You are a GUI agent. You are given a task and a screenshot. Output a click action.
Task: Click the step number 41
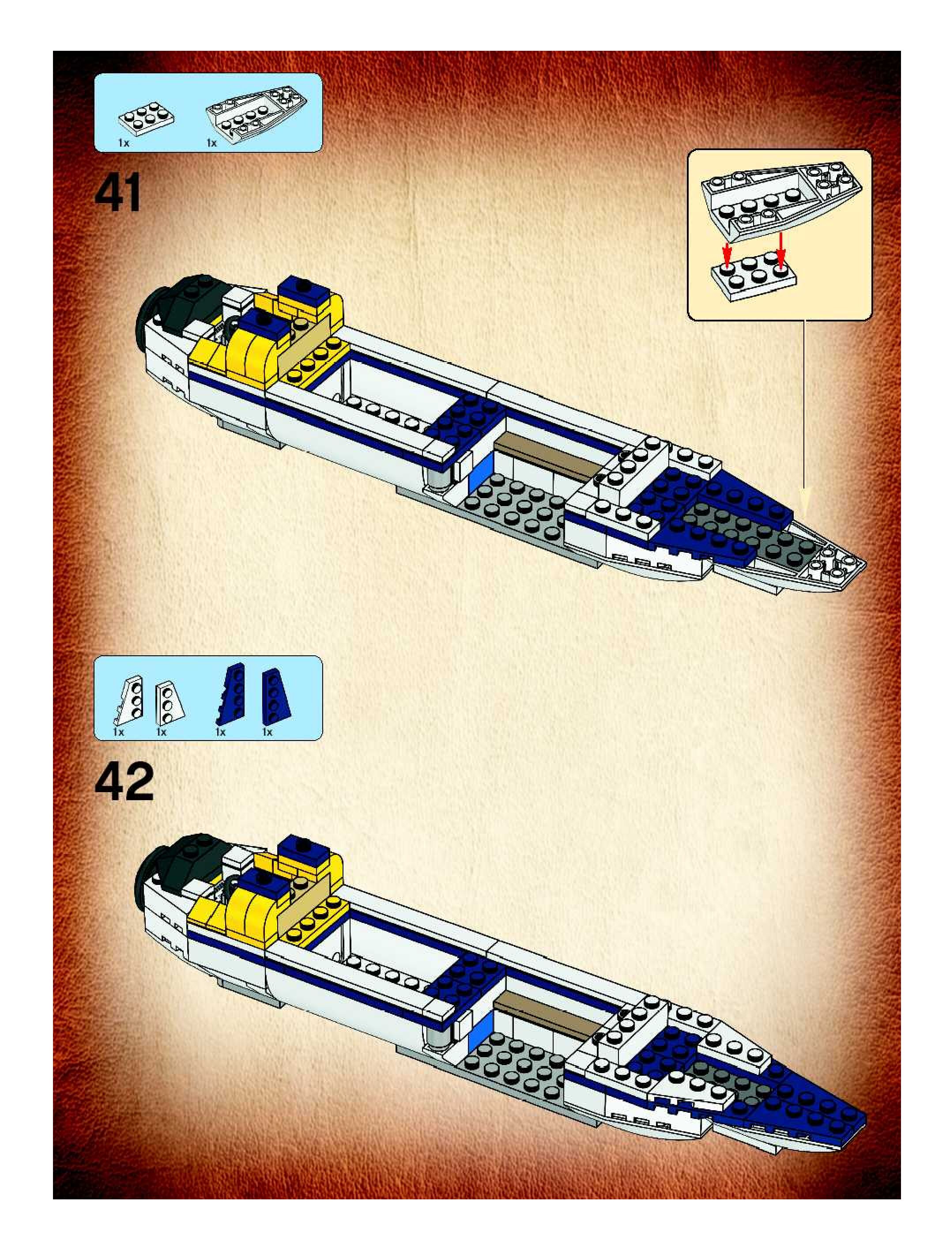click(117, 193)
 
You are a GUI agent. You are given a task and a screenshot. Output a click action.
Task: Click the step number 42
click(124, 781)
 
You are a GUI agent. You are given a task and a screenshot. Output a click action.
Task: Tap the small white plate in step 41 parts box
click(146, 117)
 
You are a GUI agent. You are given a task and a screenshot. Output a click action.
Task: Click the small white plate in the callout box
click(754, 276)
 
